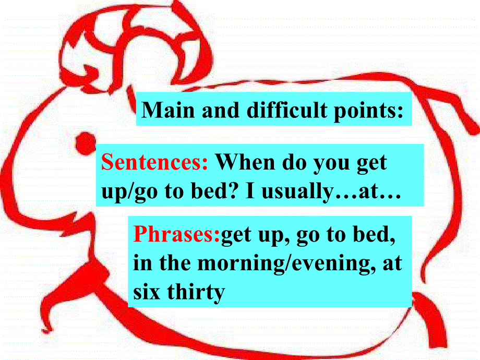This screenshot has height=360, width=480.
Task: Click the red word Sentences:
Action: click(x=155, y=163)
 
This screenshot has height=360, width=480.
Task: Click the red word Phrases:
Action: click(x=177, y=236)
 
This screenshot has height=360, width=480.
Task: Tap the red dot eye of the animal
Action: click(x=83, y=142)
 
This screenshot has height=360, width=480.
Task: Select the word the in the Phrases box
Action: click(x=175, y=263)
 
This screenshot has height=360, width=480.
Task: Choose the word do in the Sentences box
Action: click(x=295, y=163)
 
